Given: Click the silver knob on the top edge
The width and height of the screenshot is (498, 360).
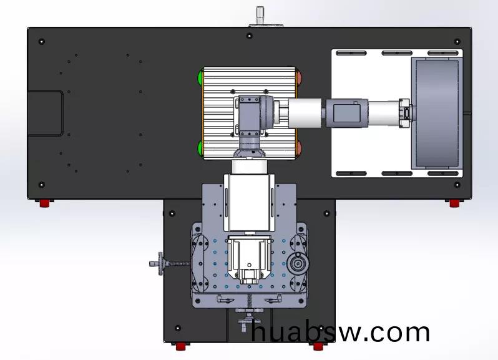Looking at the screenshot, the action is (x=260, y=16).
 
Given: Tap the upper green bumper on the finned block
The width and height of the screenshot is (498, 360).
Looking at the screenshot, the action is (x=200, y=78).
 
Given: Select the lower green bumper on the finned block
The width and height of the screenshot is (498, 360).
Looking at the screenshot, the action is (x=200, y=148).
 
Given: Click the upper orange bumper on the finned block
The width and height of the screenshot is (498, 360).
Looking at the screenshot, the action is (x=299, y=78).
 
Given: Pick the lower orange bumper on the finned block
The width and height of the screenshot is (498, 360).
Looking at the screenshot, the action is (x=299, y=148).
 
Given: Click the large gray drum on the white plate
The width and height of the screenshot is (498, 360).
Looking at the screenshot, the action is (x=437, y=113).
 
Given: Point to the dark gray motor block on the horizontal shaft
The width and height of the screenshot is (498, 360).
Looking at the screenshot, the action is (x=346, y=114).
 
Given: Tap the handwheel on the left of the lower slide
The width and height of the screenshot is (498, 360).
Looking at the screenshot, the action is (x=161, y=263).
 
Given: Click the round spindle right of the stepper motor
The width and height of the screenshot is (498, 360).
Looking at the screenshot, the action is (x=298, y=263).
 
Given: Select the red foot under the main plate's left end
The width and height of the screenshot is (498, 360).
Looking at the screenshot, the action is (x=45, y=203).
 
